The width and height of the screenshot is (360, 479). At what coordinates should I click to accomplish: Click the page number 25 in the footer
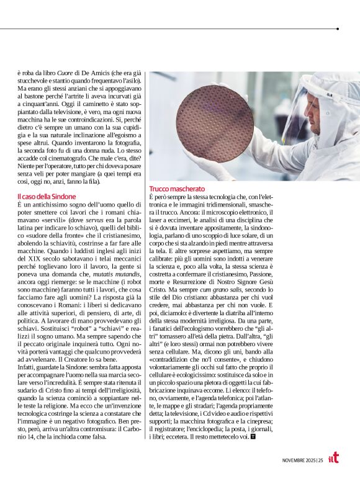320,459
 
